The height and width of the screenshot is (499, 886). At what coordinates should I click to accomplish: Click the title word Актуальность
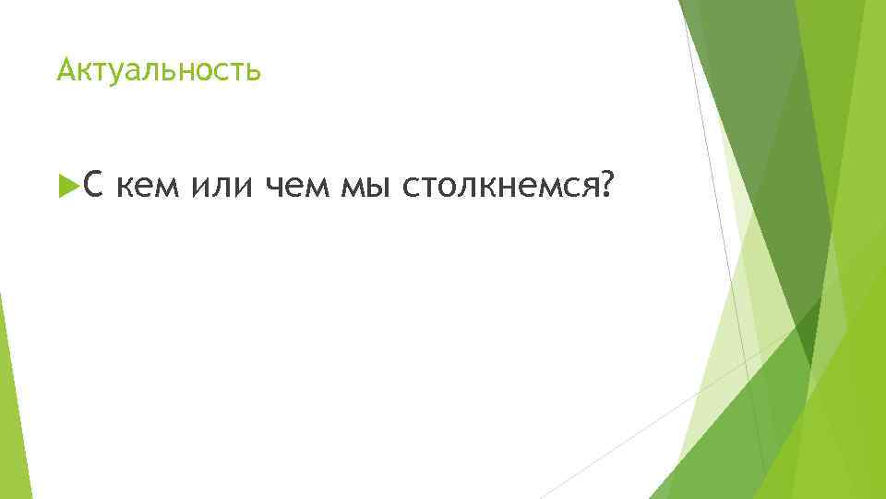tap(159, 69)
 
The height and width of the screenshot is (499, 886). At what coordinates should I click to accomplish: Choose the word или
tap(221, 189)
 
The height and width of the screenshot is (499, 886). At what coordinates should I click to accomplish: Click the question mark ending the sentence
tap(605, 188)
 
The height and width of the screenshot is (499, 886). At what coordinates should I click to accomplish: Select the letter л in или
tap(221, 189)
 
